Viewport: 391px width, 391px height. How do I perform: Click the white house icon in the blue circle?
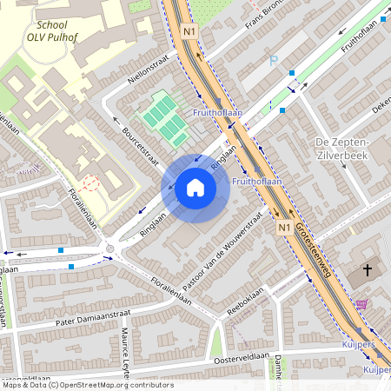pos(195,188)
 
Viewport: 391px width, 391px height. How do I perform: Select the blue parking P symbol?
pos(275,61)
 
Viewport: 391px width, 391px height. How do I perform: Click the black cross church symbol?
pos(367,270)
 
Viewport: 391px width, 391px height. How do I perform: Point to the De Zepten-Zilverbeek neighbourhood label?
pos(342,149)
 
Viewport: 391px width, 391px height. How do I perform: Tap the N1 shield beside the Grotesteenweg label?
pos(283,227)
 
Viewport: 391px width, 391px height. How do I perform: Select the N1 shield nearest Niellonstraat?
pos(190,32)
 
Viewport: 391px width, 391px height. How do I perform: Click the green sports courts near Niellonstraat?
pos(163,119)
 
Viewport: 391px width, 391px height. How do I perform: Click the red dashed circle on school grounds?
pos(88,183)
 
